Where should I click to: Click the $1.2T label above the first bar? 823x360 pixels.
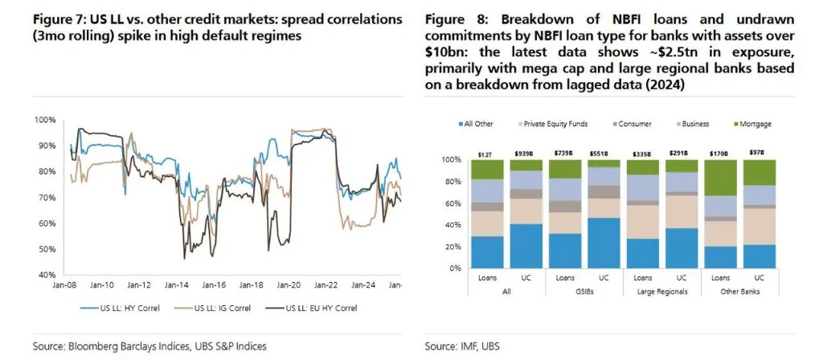487,153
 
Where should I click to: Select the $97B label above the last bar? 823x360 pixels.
759,153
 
